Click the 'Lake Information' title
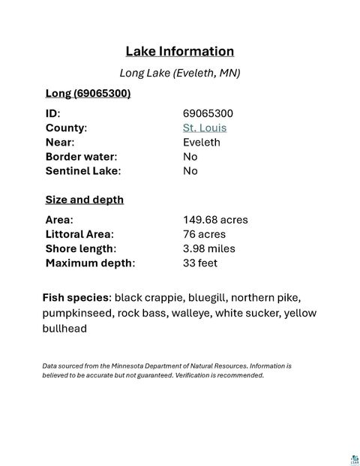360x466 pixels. (180, 52)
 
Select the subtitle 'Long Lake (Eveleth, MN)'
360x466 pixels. (180, 74)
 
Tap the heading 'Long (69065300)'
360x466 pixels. (88, 93)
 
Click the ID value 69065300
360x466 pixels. (208, 113)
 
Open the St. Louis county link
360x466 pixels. (205, 128)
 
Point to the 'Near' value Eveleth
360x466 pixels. (202, 142)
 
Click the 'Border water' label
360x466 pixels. (81, 156)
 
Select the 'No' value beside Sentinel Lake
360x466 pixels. (190, 170)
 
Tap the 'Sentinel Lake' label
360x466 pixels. (82, 170)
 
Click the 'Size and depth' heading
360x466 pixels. (85, 200)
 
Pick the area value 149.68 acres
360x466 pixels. (215, 220)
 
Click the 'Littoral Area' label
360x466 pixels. (79, 234)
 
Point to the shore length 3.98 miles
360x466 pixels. (209, 248)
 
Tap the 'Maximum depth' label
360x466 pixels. (90, 263)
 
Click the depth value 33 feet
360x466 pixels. (200, 263)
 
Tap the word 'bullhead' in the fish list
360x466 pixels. (64, 328)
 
